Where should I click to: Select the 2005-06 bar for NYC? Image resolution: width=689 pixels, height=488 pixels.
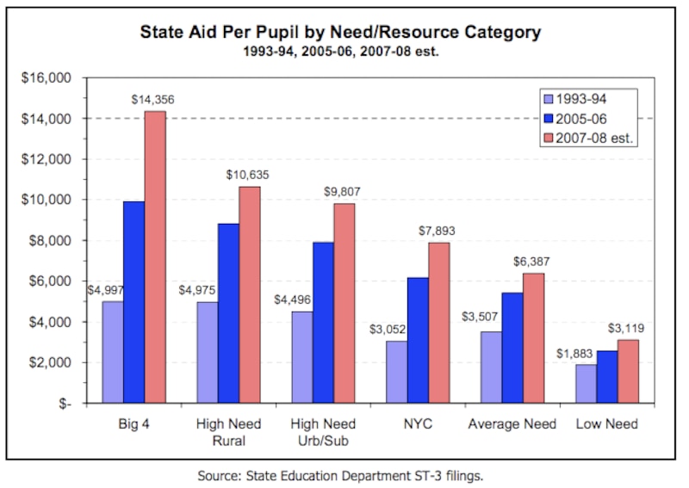point(418,340)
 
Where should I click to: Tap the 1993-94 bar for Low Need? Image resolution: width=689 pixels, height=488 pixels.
point(585,384)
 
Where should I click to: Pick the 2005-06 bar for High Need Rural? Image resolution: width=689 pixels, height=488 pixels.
point(229,313)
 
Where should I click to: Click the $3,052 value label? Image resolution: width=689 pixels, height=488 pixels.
point(388,329)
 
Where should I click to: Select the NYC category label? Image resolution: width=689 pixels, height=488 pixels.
point(418,424)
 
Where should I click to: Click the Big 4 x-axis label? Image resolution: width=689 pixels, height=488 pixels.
point(134,424)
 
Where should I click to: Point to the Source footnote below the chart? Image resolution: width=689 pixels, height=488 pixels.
point(340,474)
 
